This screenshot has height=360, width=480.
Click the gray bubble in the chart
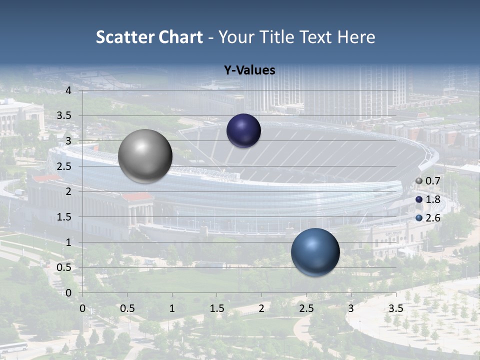pyautogui.click(x=145, y=156)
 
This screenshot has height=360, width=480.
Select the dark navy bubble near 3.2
pyautogui.click(x=243, y=130)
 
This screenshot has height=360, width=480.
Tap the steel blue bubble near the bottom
pyautogui.click(x=315, y=252)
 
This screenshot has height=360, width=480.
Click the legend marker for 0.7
pyautogui.click(x=419, y=181)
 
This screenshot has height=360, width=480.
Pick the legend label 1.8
pyautogui.click(x=433, y=199)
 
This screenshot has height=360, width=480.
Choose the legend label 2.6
pyautogui.click(x=433, y=218)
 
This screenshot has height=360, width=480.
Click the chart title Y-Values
pyautogui.click(x=249, y=70)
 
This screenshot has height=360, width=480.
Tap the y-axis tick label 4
pyautogui.click(x=68, y=90)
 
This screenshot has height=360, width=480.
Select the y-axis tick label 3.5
pyautogui.click(x=64, y=116)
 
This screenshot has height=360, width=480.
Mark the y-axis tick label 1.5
pyautogui.click(x=64, y=217)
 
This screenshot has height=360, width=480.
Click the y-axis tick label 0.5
pyautogui.click(x=64, y=267)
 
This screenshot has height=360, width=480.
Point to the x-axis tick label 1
pyautogui.click(x=172, y=308)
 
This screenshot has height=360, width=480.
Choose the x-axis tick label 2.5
pyautogui.click(x=306, y=308)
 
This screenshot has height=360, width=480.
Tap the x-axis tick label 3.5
pyautogui.click(x=395, y=308)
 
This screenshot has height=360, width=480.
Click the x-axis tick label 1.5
pyautogui.click(x=216, y=308)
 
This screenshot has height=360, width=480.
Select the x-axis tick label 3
pyautogui.click(x=351, y=308)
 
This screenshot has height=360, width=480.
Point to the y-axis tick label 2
pyautogui.click(x=68, y=191)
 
